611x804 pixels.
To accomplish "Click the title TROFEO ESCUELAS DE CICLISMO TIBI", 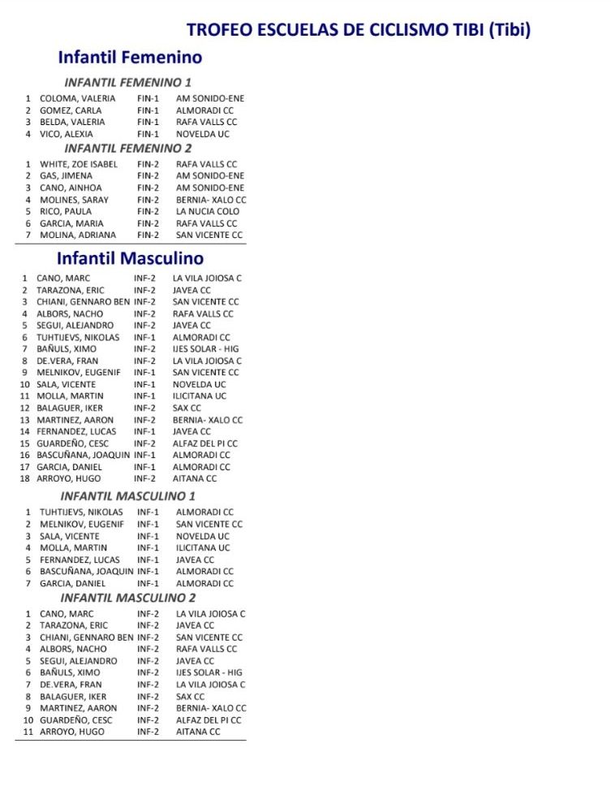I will [359, 30].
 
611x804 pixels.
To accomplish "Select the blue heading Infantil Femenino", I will [130, 58].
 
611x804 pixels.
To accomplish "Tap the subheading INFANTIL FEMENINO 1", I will [127, 82].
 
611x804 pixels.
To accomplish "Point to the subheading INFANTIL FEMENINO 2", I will [127, 149].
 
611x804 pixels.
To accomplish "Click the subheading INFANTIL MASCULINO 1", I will [127, 495].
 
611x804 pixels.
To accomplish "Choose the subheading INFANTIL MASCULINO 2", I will [127, 598].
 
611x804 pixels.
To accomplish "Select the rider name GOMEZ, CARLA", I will [71, 110].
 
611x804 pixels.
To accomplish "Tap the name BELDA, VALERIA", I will [72, 123].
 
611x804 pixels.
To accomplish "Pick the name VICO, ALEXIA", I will [67, 134].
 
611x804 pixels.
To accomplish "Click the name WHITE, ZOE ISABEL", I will [79, 164].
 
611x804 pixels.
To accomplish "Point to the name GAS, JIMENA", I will [67, 175].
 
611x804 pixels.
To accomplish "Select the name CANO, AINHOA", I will [70, 188].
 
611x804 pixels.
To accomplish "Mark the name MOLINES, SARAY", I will [74, 200].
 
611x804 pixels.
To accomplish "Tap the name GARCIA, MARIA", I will [71, 223].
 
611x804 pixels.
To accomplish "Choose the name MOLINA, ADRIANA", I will [77, 235].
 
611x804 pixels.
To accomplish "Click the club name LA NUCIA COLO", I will [207, 211].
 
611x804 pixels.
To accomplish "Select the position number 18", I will [24, 478].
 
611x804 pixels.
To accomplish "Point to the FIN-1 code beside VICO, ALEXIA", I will [148, 134].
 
